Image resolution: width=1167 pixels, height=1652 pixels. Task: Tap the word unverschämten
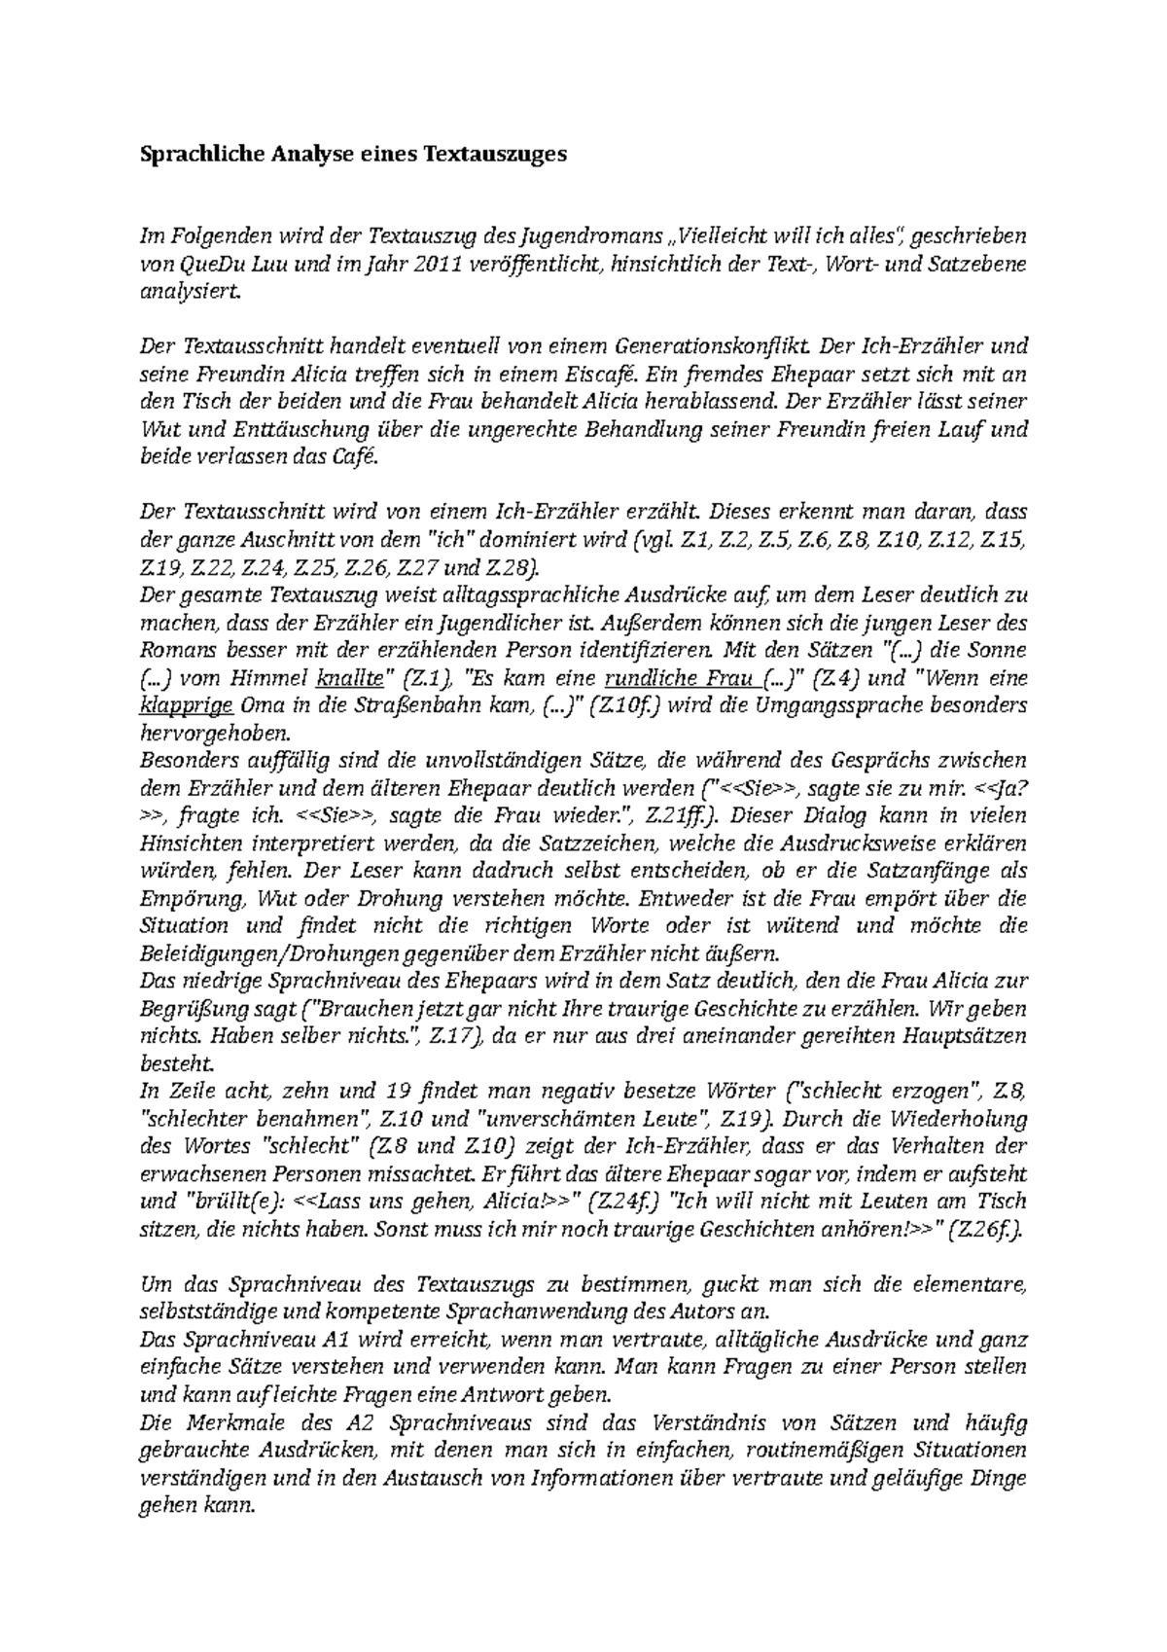point(551,1119)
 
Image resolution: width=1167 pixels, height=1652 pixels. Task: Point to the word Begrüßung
point(189,1009)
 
